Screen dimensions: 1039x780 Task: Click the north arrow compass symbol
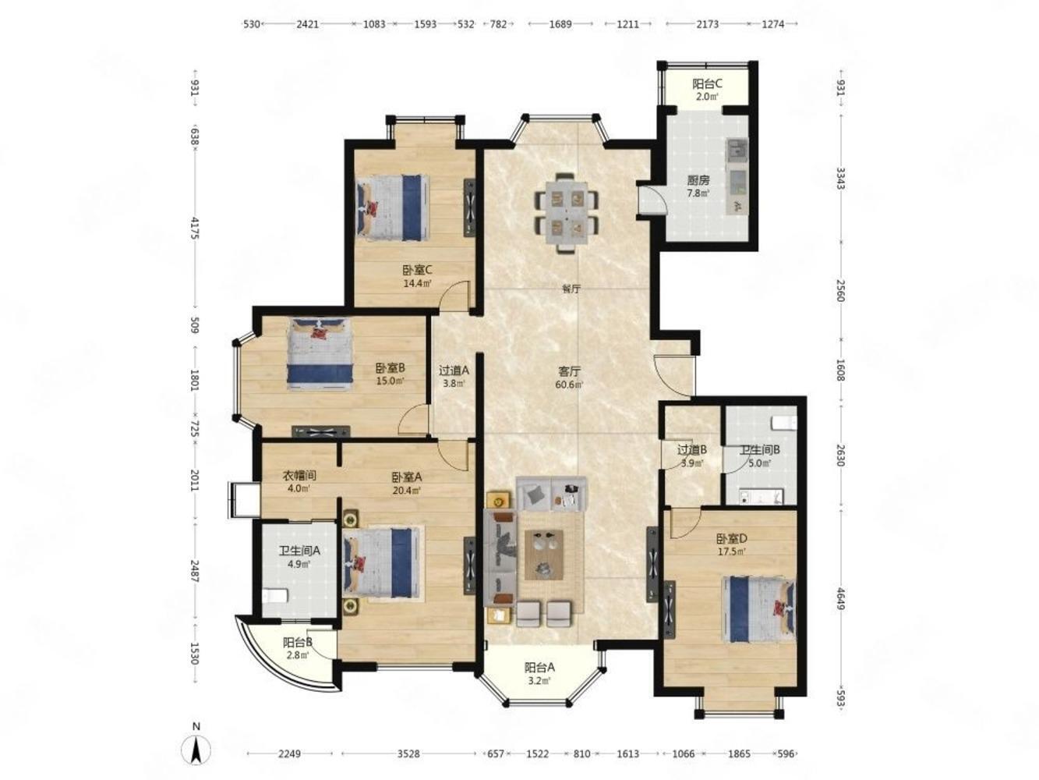(196, 750)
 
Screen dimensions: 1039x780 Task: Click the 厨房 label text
(694, 180)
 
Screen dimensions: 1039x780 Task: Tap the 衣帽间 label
(297, 475)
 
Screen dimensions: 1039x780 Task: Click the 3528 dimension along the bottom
(405, 753)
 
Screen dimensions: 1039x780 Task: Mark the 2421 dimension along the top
(305, 24)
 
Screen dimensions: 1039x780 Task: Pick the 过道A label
(451, 370)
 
